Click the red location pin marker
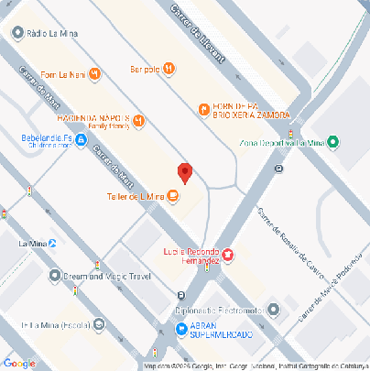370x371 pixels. (185, 171)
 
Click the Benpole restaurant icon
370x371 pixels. (169, 68)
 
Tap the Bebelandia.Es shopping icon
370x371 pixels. (82, 140)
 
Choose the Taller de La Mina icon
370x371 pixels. (173, 194)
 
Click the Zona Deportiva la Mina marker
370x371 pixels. (332, 141)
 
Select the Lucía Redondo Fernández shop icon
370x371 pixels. (227, 253)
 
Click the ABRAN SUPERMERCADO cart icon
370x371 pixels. (182, 329)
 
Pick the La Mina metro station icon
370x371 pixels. (52, 244)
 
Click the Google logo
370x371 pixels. (21, 362)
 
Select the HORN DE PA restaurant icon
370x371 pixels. (203, 110)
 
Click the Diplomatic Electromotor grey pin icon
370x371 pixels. (272, 309)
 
